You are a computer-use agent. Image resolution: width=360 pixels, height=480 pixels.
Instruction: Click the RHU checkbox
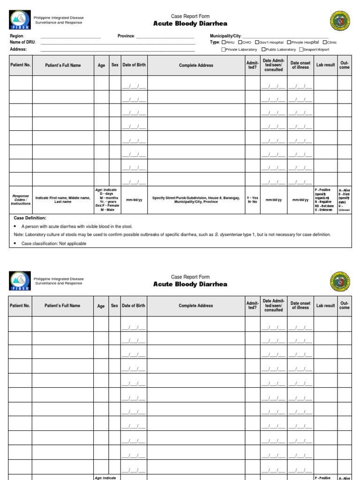224,42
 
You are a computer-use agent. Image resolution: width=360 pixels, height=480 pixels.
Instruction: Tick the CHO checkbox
240,42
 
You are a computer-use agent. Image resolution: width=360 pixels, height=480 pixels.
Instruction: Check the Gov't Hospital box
257,42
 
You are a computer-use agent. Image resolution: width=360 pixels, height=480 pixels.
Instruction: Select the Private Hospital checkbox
289,42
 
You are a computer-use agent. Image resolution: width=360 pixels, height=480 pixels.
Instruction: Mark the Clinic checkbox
325,42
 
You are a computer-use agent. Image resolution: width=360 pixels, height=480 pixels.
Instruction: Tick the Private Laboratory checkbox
224,49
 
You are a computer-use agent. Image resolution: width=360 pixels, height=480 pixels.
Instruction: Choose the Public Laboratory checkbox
263,49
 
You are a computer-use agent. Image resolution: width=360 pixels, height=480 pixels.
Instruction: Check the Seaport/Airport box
301,49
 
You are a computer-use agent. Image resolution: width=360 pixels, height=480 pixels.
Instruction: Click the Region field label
17,36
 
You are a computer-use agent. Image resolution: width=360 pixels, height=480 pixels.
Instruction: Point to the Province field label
126,36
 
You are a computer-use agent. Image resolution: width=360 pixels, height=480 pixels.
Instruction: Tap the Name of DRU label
22,42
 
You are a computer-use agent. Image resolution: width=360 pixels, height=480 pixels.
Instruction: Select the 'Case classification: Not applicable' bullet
53,243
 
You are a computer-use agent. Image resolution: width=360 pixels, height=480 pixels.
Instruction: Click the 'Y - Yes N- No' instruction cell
252,200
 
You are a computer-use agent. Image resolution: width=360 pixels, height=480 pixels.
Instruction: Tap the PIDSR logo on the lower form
20,281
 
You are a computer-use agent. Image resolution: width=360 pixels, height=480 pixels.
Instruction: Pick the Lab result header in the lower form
325,306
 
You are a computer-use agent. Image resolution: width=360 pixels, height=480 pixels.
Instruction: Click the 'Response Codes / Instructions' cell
20,199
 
